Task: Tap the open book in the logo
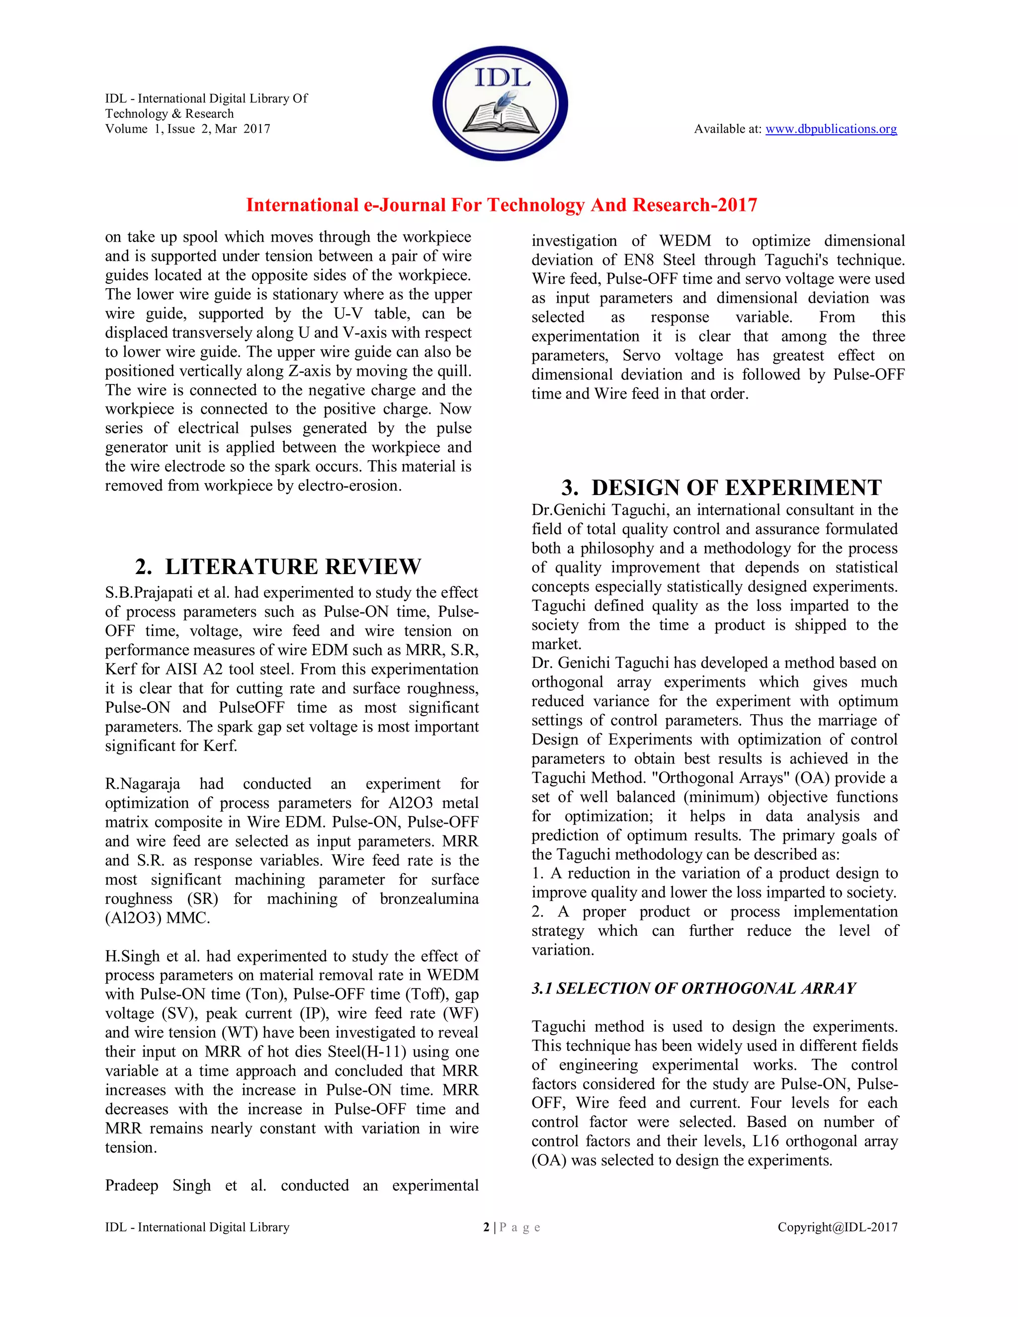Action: click(500, 118)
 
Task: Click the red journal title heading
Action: click(501, 205)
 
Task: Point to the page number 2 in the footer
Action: click(486, 1227)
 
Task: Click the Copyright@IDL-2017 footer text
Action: click(837, 1227)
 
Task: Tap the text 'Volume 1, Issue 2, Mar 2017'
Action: click(187, 128)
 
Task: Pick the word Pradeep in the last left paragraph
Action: click(131, 1185)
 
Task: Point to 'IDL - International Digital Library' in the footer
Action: click(197, 1227)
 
